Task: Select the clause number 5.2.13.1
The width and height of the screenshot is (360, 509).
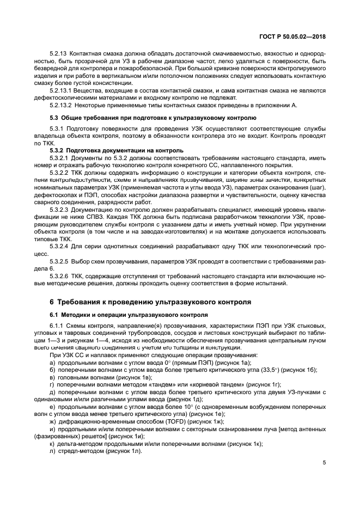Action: pyautogui.click(x=60, y=90)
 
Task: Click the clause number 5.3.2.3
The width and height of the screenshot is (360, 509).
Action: pyautogui.click(x=58, y=209)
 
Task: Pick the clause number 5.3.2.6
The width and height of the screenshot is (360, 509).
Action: pyautogui.click(x=58, y=275)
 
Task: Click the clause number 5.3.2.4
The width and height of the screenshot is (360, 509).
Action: pyautogui.click(x=58, y=246)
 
